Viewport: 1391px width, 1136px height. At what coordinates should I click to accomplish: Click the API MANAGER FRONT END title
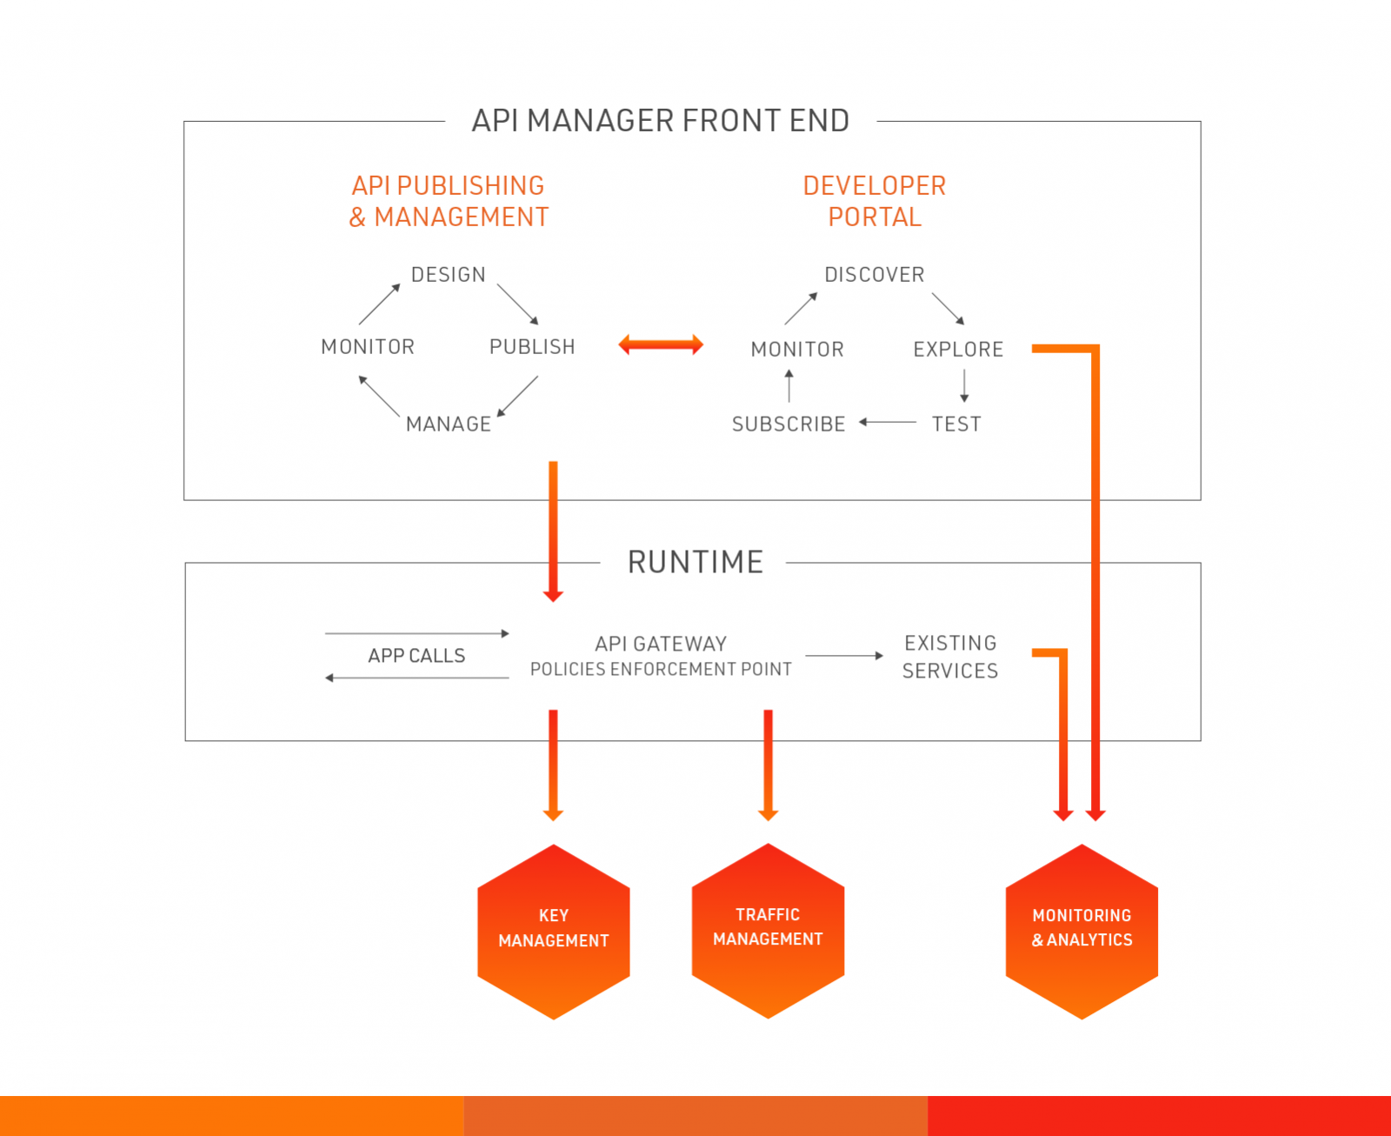pyautogui.click(x=660, y=121)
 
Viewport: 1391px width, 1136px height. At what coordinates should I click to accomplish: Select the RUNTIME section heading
pyautogui.click(x=695, y=562)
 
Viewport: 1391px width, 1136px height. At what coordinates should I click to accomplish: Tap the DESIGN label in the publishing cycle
pyautogui.click(x=448, y=275)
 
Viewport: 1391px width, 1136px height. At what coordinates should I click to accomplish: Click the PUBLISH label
pyautogui.click(x=532, y=347)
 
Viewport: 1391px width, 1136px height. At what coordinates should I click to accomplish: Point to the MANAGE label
pyautogui.click(x=449, y=424)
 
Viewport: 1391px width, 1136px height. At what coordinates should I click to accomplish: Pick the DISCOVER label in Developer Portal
pyautogui.click(x=874, y=275)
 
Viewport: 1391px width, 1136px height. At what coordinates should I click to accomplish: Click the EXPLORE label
pyautogui.click(x=958, y=350)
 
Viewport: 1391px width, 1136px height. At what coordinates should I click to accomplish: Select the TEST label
pyautogui.click(x=956, y=424)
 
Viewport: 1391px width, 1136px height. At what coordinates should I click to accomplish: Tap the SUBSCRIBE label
pyautogui.click(x=789, y=424)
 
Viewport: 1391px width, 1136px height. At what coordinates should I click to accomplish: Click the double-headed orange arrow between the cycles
pyautogui.click(x=661, y=345)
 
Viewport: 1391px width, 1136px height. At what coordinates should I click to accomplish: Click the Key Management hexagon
pyautogui.click(x=554, y=931)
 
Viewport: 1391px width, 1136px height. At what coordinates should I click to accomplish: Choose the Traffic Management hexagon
pyautogui.click(x=768, y=930)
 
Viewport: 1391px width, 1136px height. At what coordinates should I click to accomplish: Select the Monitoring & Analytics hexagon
pyautogui.click(x=1082, y=931)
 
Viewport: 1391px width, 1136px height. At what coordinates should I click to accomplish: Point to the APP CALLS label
pyautogui.click(x=416, y=656)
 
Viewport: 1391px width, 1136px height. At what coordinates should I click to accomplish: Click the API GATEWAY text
pyautogui.click(x=661, y=644)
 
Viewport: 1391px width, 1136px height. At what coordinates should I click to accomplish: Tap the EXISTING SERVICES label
pyautogui.click(x=950, y=657)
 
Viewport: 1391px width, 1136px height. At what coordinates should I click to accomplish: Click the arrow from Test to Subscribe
pyautogui.click(x=888, y=422)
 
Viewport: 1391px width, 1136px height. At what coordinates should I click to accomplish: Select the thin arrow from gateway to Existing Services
pyautogui.click(x=843, y=656)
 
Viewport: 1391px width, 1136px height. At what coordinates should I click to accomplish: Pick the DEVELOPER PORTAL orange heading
pyautogui.click(x=874, y=201)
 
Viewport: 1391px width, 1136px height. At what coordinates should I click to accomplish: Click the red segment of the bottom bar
pyautogui.click(x=1159, y=1116)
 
